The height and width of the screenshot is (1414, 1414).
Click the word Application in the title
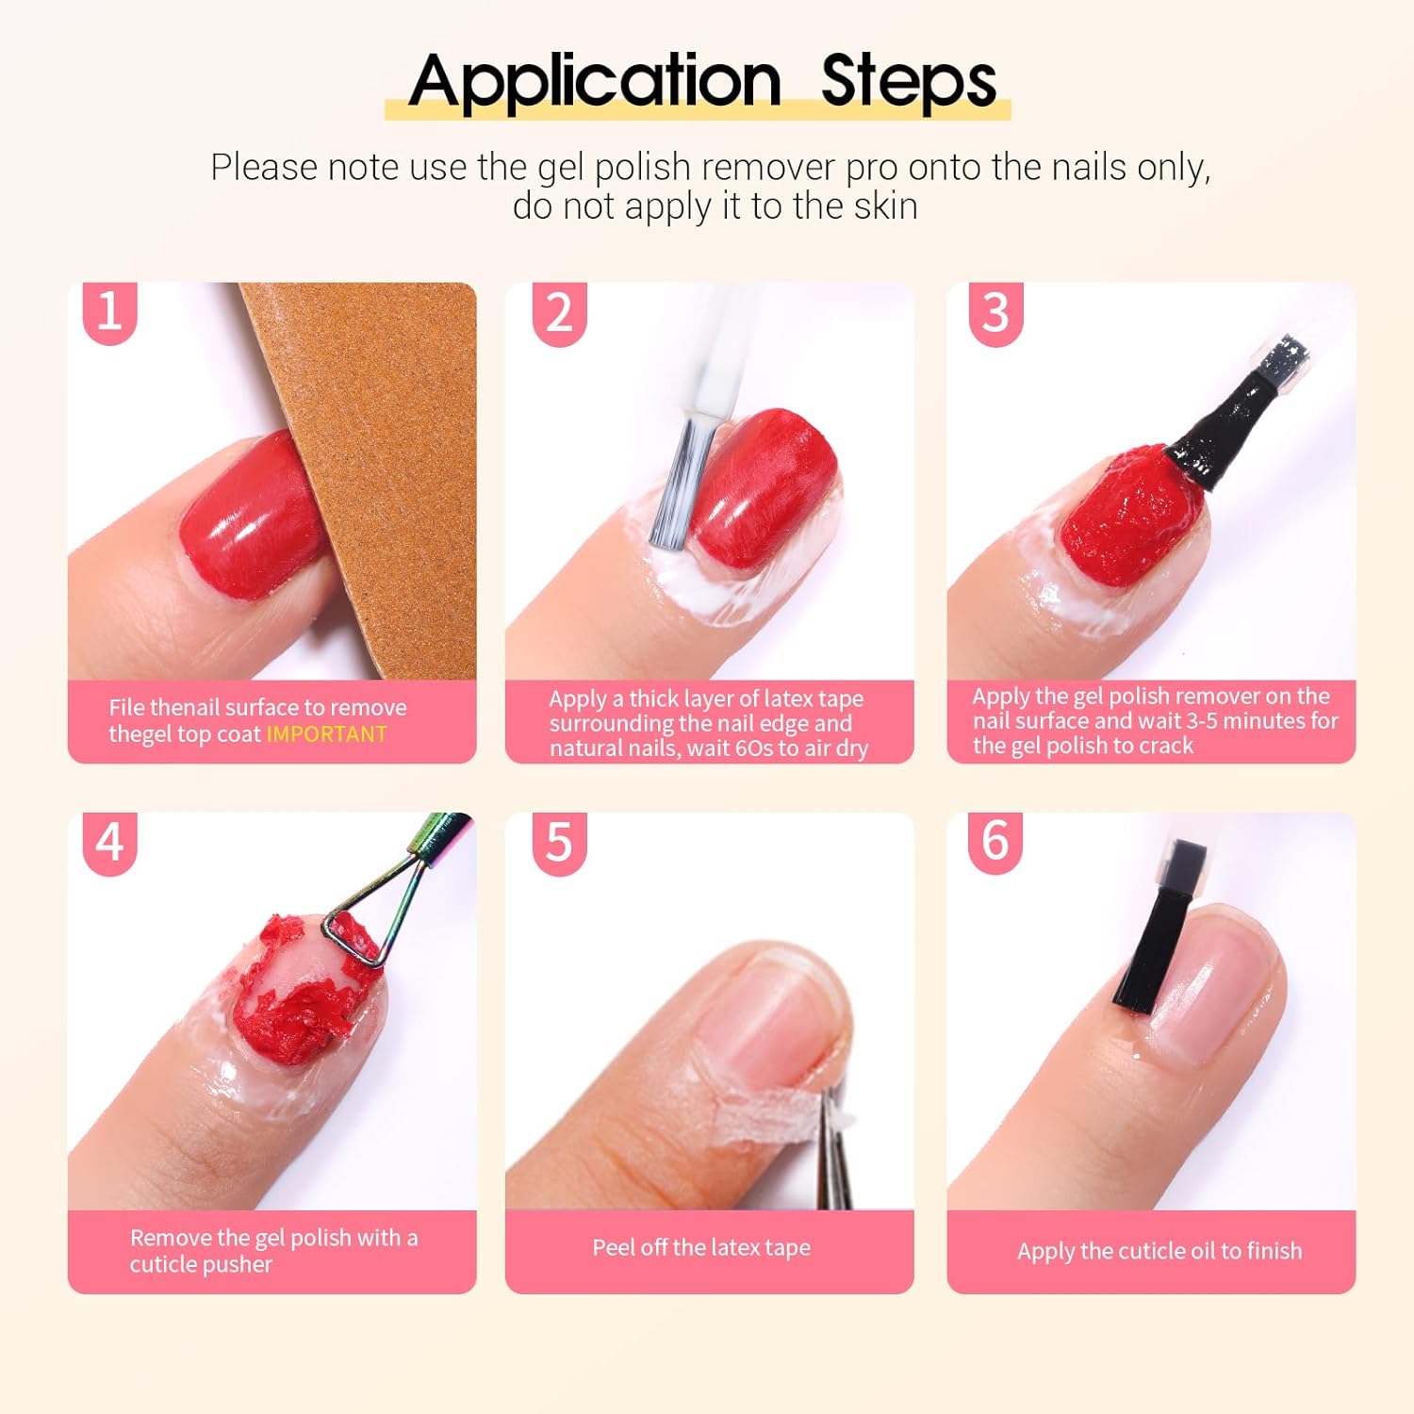[595, 82]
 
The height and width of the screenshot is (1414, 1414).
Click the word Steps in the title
[909, 82]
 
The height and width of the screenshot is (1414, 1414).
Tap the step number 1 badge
[109, 312]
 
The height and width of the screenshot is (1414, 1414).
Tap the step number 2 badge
[559, 314]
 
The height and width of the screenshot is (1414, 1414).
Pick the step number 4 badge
[109, 844]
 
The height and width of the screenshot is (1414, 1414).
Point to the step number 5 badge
[559, 844]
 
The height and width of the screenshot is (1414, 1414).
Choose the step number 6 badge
[995, 842]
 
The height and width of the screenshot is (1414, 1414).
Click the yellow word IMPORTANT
[326, 734]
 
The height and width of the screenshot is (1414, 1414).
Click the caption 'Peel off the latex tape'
[701, 1247]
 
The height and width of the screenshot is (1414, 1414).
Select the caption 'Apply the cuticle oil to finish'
[1159, 1251]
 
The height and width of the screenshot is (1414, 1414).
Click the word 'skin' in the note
[885, 206]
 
